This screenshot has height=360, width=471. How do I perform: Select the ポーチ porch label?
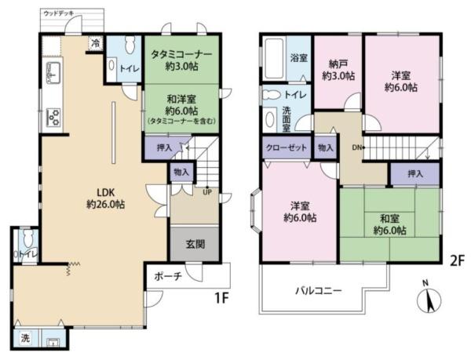[x=167, y=276]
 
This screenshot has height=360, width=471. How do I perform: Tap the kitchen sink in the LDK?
[x=52, y=75]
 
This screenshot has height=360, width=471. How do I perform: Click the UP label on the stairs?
[x=206, y=191]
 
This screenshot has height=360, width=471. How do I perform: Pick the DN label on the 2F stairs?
[x=356, y=147]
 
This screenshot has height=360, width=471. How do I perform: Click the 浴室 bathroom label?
[x=299, y=58]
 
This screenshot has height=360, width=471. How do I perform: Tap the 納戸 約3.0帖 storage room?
[x=338, y=71]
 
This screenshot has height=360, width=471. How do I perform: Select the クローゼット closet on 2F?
[x=286, y=147]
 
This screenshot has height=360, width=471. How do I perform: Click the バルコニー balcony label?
[x=318, y=289]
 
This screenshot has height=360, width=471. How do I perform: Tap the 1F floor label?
[x=223, y=300]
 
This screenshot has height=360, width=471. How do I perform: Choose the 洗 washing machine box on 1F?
[x=26, y=339]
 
